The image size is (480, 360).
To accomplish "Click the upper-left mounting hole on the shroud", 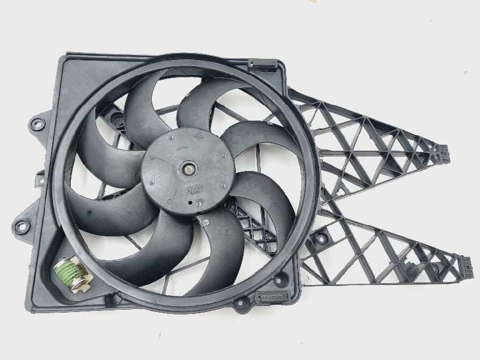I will click(x=37, y=124).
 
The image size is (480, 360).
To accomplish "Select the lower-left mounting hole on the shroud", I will click(x=22, y=226).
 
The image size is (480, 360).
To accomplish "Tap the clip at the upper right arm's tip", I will click(x=445, y=153).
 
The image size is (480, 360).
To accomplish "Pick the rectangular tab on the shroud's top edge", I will click(x=262, y=63).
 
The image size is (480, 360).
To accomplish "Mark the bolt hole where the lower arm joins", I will click(x=322, y=238).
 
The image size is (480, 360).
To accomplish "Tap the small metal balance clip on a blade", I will click(x=205, y=223).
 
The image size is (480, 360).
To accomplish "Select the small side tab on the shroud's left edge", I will click(x=40, y=179).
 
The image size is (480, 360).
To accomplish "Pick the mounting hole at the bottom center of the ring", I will click(x=241, y=303).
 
